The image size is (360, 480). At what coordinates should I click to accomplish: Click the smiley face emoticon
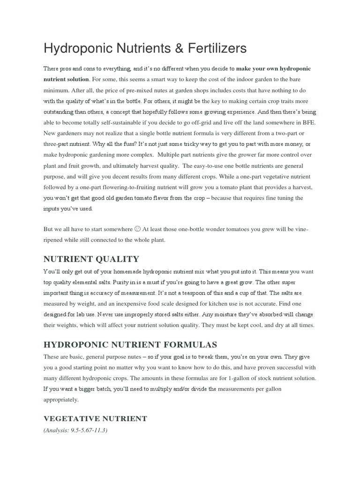point(137,229)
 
